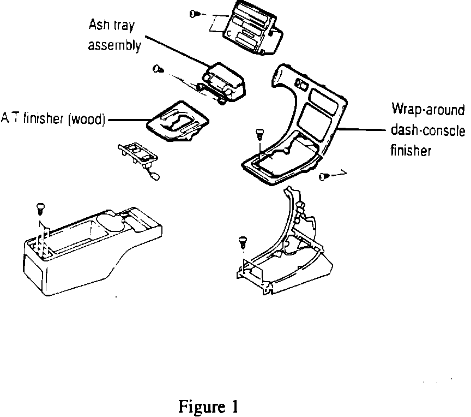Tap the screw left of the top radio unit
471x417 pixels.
click(x=195, y=14)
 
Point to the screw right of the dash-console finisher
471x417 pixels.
click(x=323, y=176)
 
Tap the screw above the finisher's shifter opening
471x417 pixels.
click(x=260, y=133)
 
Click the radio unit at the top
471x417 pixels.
click(x=254, y=27)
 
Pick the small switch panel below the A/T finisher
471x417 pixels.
click(x=137, y=154)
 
